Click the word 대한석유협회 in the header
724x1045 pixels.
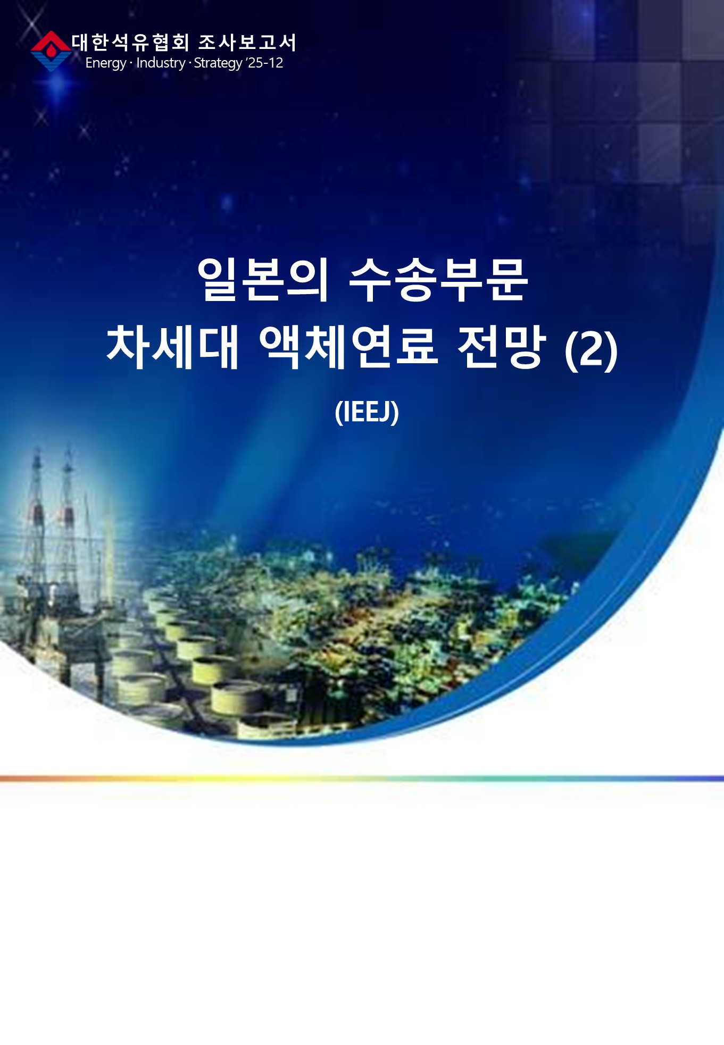pyautogui.click(x=130, y=43)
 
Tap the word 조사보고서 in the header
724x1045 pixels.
pyautogui.click(x=247, y=43)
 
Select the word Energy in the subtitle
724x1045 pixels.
pyautogui.click(x=106, y=63)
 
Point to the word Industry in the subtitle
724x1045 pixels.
pyautogui.click(x=161, y=63)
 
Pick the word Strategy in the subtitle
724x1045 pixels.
pyautogui.click(x=218, y=63)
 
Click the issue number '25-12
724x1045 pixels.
pyautogui.click(x=264, y=63)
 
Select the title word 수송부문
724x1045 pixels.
pyautogui.click(x=439, y=280)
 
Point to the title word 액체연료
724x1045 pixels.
pyautogui.click(x=349, y=347)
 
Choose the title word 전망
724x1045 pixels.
pyautogui.click(x=502, y=347)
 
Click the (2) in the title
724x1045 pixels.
pyautogui.click(x=591, y=350)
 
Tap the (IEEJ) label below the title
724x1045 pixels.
pyautogui.click(x=367, y=412)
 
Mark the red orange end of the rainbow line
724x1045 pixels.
pyautogui.click(x=2, y=779)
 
